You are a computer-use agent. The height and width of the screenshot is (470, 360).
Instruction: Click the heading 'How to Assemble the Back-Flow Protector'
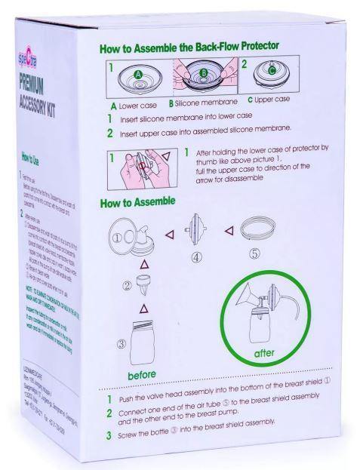(x=189, y=48)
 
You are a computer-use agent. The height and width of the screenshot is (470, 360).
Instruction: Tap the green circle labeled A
(x=137, y=75)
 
